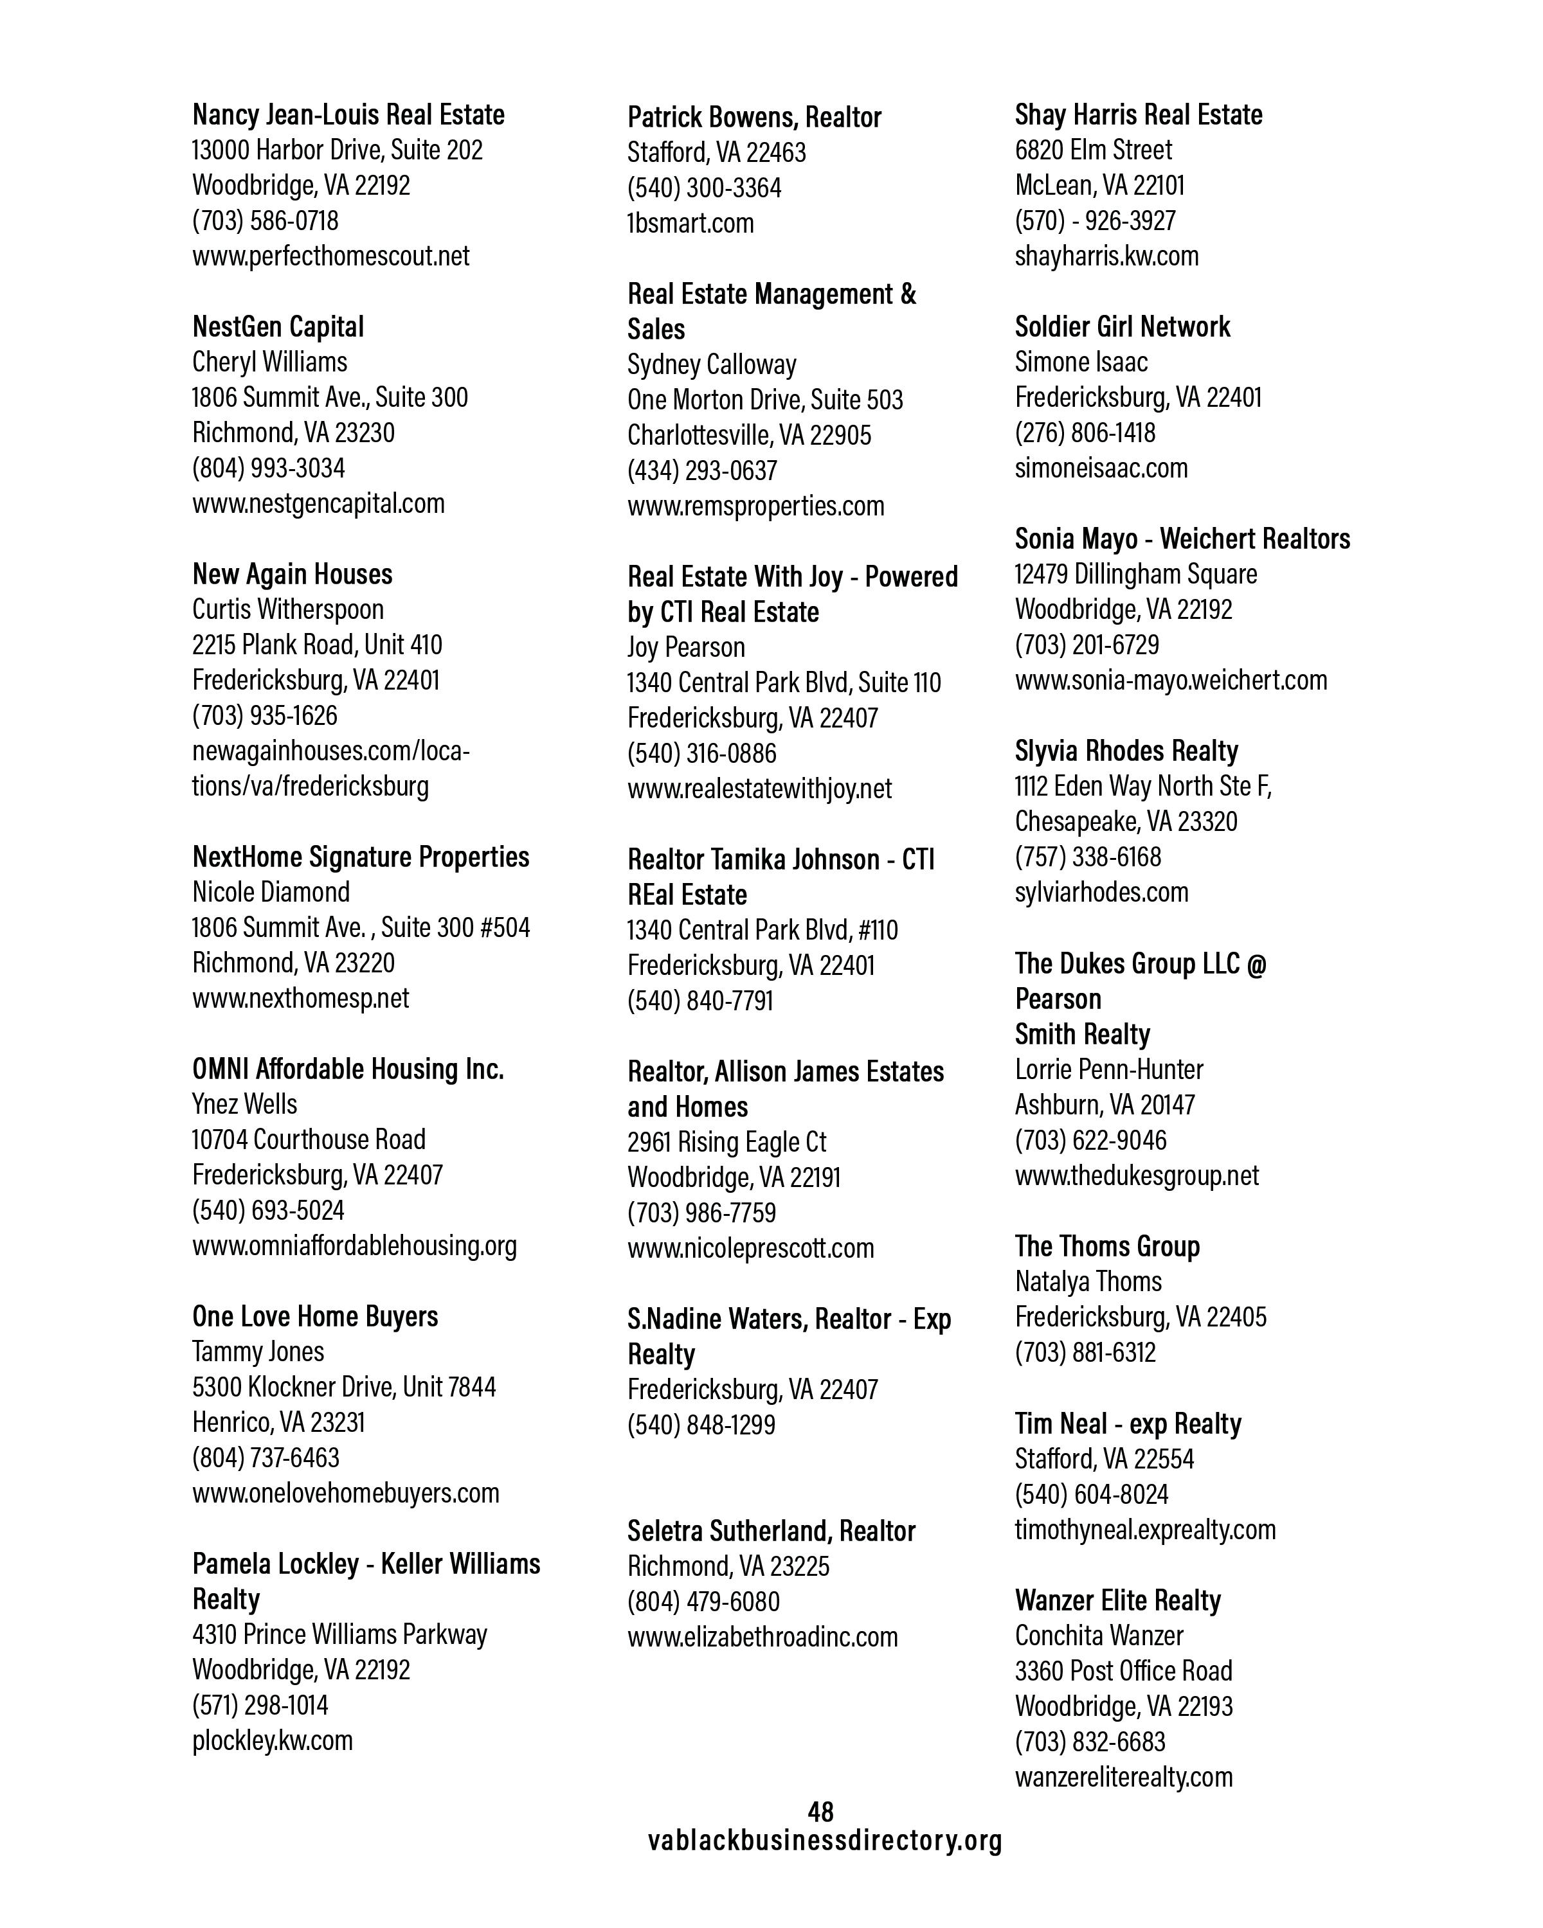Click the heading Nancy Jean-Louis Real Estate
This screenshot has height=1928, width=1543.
(348, 114)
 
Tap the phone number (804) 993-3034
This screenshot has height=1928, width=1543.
(268, 468)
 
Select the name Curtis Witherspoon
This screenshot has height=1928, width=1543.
(288, 609)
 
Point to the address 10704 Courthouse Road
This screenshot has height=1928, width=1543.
(309, 1139)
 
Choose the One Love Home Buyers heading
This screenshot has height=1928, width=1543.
(315, 1316)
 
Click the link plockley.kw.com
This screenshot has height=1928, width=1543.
(273, 1740)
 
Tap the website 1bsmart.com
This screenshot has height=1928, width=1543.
(690, 222)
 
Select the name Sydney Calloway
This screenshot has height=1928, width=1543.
(712, 364)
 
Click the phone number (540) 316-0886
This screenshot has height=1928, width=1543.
(702, 753)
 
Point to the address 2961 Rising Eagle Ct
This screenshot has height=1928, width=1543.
(726, 1142)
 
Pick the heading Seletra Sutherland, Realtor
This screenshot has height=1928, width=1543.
(771, 1531)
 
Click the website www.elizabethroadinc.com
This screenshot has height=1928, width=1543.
(762, 1636)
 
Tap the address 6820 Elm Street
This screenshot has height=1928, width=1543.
(1093, 149)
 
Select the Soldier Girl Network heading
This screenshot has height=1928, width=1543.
(1123, 326)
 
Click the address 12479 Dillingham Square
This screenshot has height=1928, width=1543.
(1136, 574)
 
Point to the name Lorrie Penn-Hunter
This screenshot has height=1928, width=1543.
(1109, 1069)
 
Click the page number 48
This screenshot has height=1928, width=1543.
(820, 1812)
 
